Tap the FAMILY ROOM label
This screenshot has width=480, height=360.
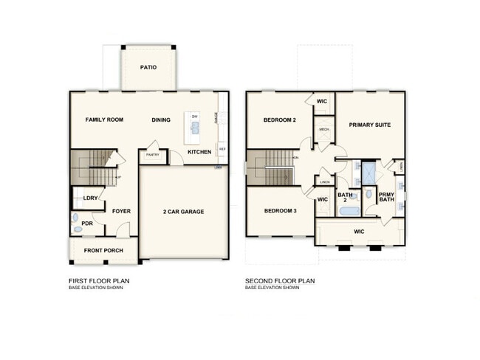(104, 120)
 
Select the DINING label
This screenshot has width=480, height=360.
(161, 120)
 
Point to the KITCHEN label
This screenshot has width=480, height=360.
(199, 152)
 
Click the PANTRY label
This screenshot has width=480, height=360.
(153, 155)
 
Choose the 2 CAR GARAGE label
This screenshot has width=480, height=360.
(183, 212)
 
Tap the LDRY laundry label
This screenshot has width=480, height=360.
(91, 198)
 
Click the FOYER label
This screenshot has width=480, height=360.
(121, 212)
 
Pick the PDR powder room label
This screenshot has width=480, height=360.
(87, 224)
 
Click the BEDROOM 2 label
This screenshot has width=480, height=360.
(279, 120)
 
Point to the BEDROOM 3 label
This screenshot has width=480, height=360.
(280, 211)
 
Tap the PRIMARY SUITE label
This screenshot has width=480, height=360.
(370, 125)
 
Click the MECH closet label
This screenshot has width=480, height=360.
(323, 130)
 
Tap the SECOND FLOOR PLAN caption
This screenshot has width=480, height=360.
(280, 280)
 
